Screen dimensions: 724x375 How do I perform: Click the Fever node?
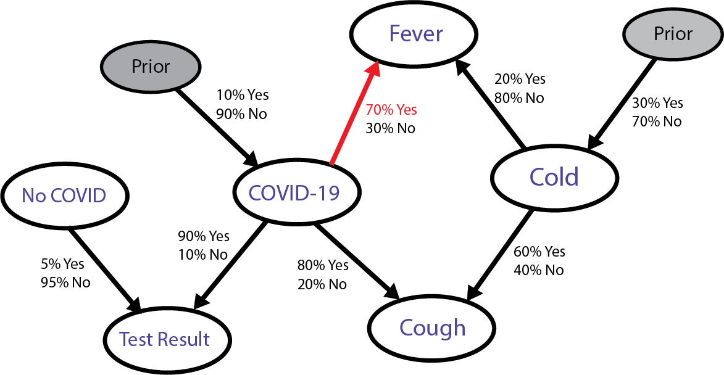pyautogui.click(x=415, y=33)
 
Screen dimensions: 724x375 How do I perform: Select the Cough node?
pyautogui.click(x=432, y=328)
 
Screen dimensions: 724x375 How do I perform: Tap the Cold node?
pyautogui.click(x=554, y=177)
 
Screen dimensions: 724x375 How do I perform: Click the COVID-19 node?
pyautogui.click(x=294, y=194)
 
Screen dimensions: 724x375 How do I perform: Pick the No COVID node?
pyautogui.click(x=64, y=196)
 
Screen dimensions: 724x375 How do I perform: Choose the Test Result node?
pyautogui.click(x=165, y=339)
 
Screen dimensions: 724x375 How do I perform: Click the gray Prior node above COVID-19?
pyautogui.click(x=150, y=66)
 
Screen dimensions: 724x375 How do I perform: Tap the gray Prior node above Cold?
pyautogui.click(x=673, y=33)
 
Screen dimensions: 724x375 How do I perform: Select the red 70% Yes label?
pyautogui.click(x=391, y=110)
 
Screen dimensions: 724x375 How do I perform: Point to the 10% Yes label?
pyautogui.click(x=242, y=95)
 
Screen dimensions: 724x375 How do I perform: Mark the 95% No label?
pyautogui.click(x=64, y=282)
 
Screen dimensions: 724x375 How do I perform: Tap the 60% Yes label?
pyautogui.click(x=539, y=252)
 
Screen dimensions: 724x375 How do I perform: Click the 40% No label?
pyautogui.click(x=538, y=270)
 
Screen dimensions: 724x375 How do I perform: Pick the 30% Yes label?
pyautogui.click(x=657, y=103)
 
